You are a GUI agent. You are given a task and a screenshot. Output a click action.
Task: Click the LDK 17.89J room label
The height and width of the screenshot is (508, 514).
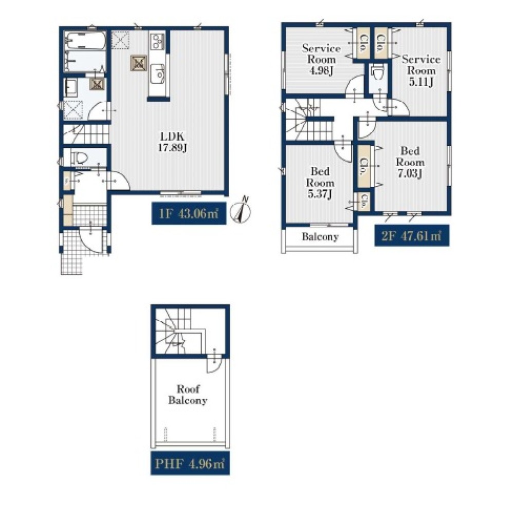172,142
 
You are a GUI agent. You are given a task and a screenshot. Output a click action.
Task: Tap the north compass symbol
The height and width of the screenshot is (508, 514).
241,211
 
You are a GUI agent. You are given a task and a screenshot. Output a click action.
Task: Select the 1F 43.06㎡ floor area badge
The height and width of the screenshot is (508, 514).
189,214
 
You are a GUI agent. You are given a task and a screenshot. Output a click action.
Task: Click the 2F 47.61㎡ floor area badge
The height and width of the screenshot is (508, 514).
412,236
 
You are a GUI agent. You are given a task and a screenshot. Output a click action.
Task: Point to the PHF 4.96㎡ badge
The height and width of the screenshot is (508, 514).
190,463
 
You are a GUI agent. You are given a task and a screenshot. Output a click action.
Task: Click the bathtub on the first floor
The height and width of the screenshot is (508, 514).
85,41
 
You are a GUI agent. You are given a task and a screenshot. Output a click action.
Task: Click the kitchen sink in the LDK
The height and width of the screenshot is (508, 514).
158,73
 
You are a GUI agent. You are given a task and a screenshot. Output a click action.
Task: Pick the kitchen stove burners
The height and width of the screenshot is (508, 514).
157,42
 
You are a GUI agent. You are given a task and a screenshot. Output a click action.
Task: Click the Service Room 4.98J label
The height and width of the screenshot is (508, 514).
321,60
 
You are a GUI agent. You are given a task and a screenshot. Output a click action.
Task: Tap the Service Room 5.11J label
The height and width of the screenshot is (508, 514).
421,71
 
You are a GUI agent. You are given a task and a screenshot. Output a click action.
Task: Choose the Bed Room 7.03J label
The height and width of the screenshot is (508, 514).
410,162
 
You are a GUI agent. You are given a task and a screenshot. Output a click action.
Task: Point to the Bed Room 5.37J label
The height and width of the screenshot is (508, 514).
320,183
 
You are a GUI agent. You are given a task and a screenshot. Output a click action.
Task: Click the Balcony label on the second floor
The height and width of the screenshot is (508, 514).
320,237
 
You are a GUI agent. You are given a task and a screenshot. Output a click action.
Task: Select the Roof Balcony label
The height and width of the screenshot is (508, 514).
188,395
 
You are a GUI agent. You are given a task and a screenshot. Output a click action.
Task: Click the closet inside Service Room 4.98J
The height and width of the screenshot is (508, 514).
363,43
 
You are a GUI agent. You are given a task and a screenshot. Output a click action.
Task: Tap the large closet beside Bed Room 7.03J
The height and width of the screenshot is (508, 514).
363,167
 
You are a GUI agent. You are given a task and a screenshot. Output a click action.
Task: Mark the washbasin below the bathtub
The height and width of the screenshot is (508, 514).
70,86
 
